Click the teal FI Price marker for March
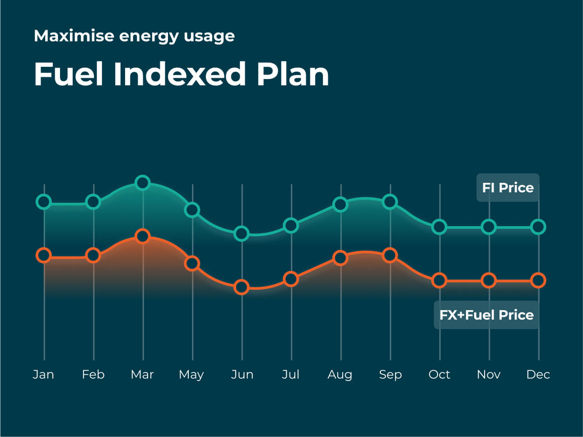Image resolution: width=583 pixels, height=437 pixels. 143,183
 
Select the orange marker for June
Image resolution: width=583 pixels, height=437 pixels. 242,287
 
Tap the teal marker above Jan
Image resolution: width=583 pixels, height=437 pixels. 44,201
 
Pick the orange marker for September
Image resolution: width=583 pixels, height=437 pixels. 390,256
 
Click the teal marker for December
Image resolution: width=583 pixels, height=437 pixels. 538,227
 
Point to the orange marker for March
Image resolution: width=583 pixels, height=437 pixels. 143,236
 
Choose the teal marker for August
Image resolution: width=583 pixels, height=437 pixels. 340,205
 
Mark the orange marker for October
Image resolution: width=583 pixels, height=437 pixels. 439,280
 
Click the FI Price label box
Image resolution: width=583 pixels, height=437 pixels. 508,187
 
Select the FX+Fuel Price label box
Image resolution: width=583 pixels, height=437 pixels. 486,315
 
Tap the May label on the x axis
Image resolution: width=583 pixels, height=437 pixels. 191,375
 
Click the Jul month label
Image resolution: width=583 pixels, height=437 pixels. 291,374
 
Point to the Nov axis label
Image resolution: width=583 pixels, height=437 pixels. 489,374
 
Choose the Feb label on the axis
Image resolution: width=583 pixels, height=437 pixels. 93,374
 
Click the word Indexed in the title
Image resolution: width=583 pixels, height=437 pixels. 180,74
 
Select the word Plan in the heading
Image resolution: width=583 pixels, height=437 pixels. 293,74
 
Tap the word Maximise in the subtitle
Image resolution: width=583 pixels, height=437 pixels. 73,36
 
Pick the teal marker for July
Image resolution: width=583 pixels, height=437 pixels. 291,225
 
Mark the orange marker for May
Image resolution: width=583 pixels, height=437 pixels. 192,263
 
